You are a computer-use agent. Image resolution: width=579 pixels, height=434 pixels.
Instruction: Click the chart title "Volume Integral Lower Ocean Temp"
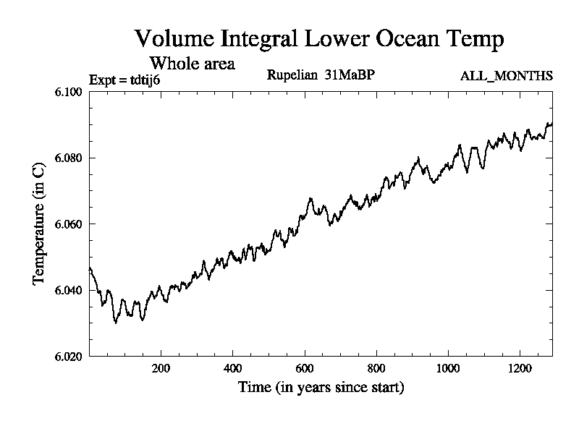click(319, 39)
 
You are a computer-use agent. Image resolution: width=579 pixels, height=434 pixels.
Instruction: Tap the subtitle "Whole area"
click(192, 63)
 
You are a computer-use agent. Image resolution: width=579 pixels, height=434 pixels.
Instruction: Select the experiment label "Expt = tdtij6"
click(124, 79)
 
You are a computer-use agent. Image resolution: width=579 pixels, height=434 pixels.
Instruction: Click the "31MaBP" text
click(350, 75)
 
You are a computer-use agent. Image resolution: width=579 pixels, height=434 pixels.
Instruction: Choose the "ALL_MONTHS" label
click(506, 75)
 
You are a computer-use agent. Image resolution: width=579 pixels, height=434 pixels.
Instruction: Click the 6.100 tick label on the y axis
click(69, 92)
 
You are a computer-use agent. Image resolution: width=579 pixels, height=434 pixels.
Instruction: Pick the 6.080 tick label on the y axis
click(69, 158)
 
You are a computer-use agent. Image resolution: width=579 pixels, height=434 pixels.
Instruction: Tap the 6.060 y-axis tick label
click(69, 224)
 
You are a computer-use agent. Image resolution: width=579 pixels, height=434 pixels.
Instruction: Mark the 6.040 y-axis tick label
click(69, 291)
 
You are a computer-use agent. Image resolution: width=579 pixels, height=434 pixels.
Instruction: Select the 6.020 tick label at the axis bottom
click(69, 357)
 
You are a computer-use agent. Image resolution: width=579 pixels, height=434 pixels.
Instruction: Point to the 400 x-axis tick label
click(233, 367)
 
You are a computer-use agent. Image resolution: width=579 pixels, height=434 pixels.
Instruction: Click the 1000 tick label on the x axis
click(448, 367)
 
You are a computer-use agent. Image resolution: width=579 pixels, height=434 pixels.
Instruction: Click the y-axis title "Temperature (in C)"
click(40, 224)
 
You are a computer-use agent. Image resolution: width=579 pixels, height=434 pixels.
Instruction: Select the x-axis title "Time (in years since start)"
click(321, 388)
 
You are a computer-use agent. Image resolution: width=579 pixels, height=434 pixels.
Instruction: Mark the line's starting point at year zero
click(90, 268)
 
